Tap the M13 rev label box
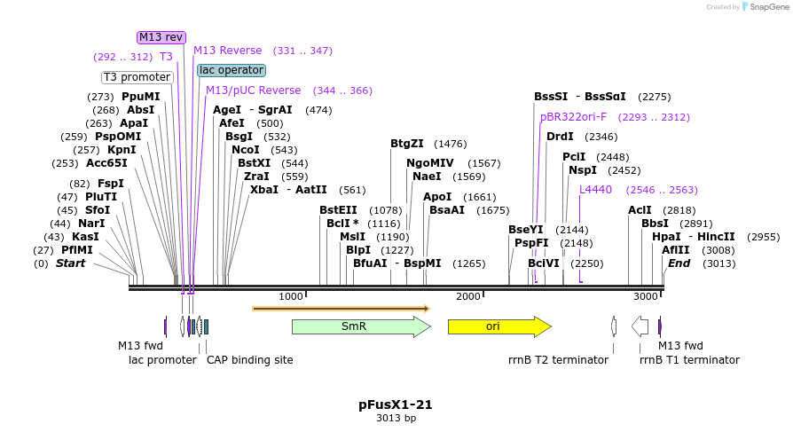click(161, 37)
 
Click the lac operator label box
click(231, 70)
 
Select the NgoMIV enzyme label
click(430, 163)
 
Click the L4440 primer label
click(595, 190)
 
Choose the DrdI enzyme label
click(560, 137)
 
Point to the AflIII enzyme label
click(675, 250)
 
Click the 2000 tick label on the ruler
click(467, 296)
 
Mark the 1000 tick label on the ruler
click(291, 296)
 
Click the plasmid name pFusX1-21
click(396, 405)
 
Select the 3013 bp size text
click(396, 418)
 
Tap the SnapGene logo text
click(765, 7)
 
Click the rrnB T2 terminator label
click(558, 359)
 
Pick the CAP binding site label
click(249, 359)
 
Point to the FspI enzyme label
click(111, 184)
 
